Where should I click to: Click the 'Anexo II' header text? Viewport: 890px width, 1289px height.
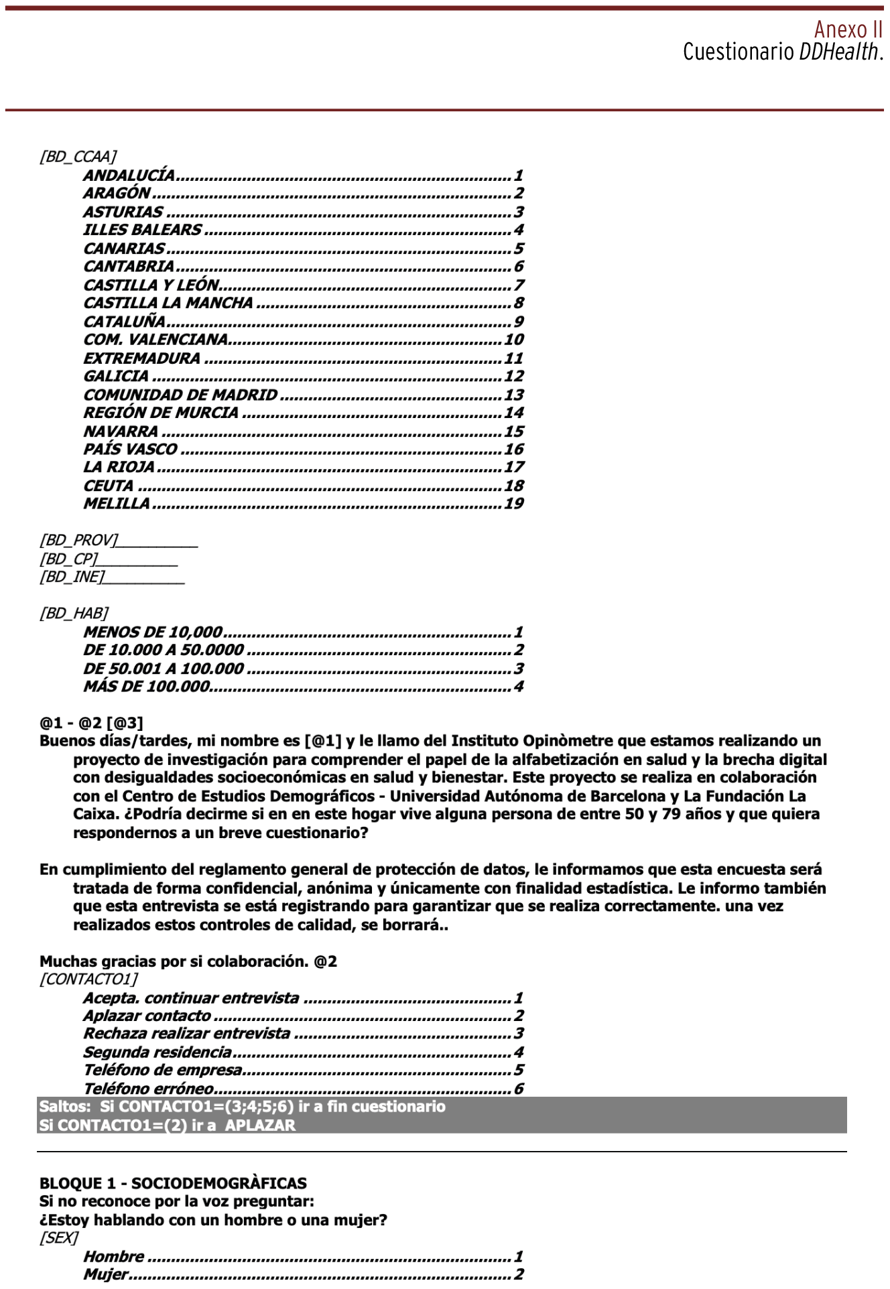[848, 30]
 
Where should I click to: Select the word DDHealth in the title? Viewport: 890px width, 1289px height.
[838, 52]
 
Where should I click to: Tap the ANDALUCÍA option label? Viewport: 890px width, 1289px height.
[129, 176]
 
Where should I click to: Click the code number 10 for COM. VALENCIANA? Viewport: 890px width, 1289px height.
[514, 340]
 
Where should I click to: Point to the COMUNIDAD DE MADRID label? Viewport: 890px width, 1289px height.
[180, 395]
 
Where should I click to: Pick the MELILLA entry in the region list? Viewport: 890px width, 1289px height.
[117, 504]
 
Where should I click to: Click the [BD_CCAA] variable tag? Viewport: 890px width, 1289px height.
[77, 157]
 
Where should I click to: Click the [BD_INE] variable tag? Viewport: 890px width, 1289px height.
[72, 578]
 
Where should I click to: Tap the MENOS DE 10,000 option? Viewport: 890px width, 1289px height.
[152, 632]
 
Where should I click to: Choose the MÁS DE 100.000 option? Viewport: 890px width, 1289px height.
[146, 687]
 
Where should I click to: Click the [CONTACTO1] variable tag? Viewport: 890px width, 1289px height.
[88, 979]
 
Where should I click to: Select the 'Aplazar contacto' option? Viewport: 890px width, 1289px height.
[147, 1016]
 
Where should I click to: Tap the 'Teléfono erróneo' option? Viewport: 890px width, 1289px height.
[148, 1089]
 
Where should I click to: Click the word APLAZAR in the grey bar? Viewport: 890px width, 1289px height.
[260, 1126]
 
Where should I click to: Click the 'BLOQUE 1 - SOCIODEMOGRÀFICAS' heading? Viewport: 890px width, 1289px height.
[173, 1184]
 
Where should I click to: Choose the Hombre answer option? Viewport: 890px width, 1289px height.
[113, 1257]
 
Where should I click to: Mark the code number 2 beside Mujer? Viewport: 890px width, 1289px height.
[519, 1275]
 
